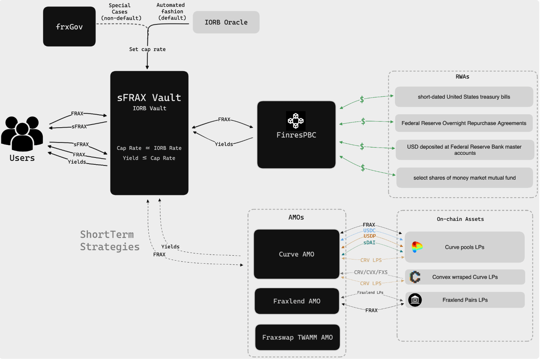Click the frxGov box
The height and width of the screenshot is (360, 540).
[x=69, y=27]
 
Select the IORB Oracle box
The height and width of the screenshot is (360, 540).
[x=226, y=23]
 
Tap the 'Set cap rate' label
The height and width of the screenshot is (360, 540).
[x=147, y=49]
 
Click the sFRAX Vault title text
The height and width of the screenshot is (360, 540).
[x=149, y=98]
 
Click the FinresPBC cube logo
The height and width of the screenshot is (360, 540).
[x=296, y=121]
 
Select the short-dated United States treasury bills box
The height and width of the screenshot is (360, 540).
[x=464, y=97]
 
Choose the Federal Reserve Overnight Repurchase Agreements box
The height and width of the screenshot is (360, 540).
[x=464, y=123]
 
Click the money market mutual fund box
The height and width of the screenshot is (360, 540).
[x=464, y=178]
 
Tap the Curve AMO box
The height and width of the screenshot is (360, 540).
[x=296, y=255]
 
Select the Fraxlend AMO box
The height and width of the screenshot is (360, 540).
[x=297, y=302]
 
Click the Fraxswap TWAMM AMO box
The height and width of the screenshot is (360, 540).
[x=297, y=337]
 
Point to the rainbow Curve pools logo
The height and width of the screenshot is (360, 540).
[x=417, y=247]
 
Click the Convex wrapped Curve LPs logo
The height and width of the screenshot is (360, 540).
[x=415, y=277]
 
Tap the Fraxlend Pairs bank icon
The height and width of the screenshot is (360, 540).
[x=415, y=300]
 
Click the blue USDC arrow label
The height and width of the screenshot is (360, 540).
[x=369, y=230]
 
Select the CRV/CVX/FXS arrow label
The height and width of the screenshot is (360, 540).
[x=370, y=272]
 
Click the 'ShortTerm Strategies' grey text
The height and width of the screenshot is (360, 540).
[x=110, y=241]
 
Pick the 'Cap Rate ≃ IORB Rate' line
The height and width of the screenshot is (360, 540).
[x=149, y=148]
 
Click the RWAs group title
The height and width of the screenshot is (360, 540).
[x=462, y=77]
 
